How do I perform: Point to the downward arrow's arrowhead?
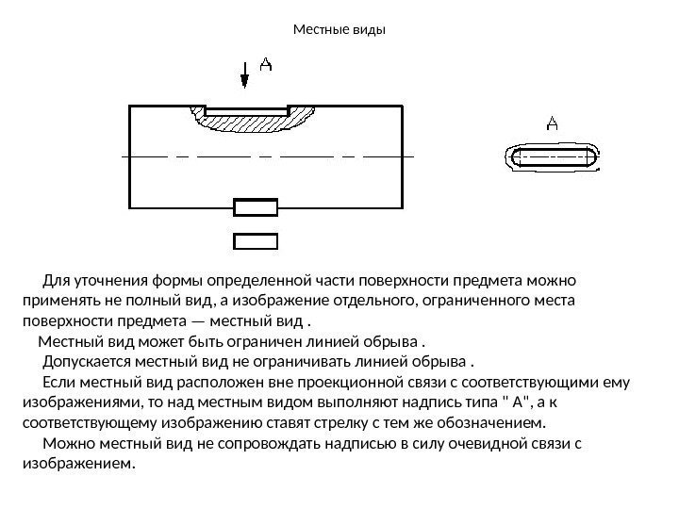(x=245, y=82)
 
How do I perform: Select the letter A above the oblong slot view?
(x=553, y=123)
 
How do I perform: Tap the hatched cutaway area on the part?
(x=253, y=122)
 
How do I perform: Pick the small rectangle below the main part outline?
(x=255, y=239)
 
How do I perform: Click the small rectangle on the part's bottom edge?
(x=255, y=207)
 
